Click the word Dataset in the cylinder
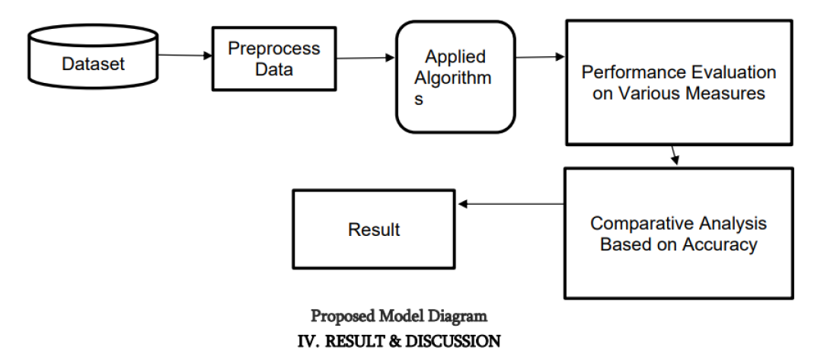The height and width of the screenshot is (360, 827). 93,63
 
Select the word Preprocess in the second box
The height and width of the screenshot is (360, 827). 274,49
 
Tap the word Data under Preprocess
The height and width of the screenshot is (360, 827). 273,69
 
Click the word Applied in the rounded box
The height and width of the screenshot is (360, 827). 455,57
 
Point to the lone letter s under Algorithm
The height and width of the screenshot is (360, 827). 419,100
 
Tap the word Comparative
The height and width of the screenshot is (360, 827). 641,224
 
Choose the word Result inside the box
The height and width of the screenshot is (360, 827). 374,229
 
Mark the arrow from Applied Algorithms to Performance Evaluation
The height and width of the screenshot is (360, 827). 540,57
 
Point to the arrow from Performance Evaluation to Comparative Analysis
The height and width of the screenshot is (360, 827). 673,155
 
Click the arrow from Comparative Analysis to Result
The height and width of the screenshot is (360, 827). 511,204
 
